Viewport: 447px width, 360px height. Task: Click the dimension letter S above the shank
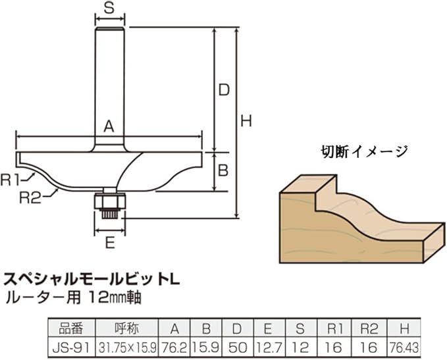(109, 9)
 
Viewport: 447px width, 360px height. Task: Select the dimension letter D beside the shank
(224, 90)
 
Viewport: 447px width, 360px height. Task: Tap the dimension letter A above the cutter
(109, 126)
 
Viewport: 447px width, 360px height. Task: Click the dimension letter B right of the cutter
(223, 171)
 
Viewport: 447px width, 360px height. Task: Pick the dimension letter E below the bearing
(110, 243)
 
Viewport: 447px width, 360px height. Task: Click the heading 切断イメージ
(364, 151)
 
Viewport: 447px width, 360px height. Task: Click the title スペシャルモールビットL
(92, 279)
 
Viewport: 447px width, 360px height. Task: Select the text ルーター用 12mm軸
(72, 297)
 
